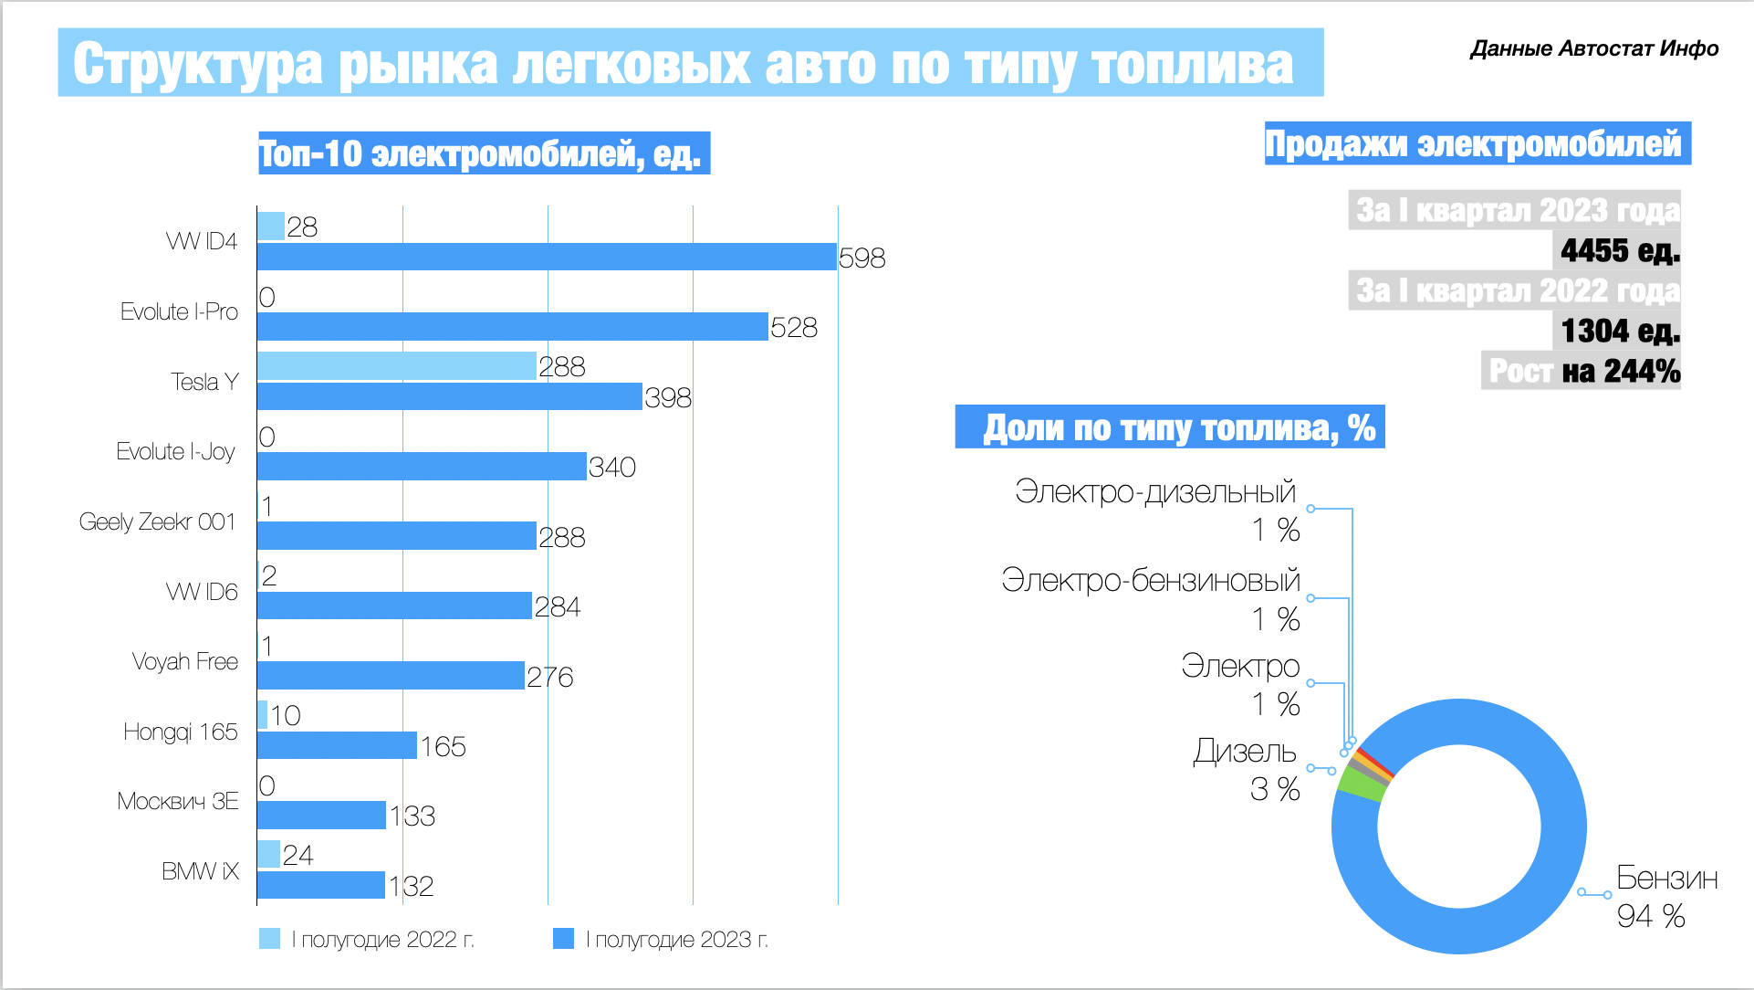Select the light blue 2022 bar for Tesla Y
point(396,366)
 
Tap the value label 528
point(793,327)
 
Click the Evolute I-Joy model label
point(175,451)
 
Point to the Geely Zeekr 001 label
point(157,521)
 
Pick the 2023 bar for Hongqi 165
point(337,745)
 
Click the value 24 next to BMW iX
point(298,855)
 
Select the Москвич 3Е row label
point(177,801)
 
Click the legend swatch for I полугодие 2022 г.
point(269,939)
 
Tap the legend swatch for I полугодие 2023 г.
point(563,939)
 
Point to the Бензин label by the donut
point(1666,878)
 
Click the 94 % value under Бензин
point(1650,916)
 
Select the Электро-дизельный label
point(1154,491)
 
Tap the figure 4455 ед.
point(1619,249)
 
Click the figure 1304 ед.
point(1619,330)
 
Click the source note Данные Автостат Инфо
point(1593,48)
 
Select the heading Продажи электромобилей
point(1476,143)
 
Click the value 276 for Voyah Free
point(549,677)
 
